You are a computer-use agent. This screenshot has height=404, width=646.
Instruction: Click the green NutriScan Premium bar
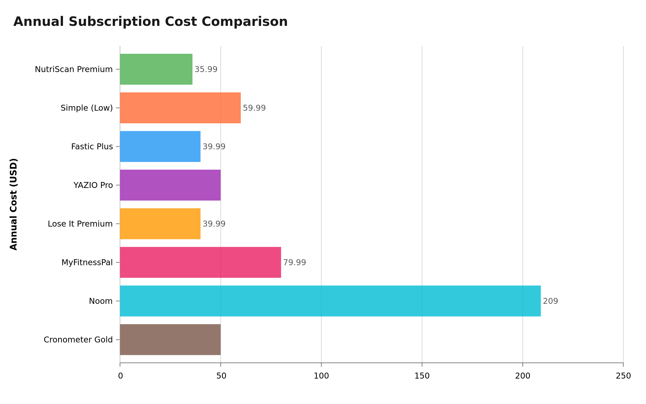pyautogui.click(x=156, y=69)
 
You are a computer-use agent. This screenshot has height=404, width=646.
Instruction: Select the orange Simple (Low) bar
pyautogui.click(x=180, y=108)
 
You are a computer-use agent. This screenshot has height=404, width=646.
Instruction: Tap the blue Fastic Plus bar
pyautogui.click(x=160, y=147)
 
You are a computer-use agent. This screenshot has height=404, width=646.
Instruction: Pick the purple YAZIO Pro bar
pyautogui.click(x=170, y=185)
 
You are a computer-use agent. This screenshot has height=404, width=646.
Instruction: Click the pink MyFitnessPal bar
pyautogui.click(x=201, y=262)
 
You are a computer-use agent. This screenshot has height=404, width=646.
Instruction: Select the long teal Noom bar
pyautogui.click(x=330, y=301)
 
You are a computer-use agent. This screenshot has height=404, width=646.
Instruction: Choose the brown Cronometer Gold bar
pyautogui.click(x=170, y=340)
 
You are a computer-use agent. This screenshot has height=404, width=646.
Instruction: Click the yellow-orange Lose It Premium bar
pyautogui.click(x=160, y=224)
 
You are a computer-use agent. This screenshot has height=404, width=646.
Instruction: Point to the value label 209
pyautogui.click(x=550, y=301)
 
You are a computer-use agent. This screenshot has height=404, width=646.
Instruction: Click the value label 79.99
pyautogui.click(x=294, y=262)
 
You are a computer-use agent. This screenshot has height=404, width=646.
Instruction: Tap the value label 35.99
pyautogui.click(x=206, y=69)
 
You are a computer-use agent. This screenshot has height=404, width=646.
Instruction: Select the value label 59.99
pyautogui.click(x=254, y=108)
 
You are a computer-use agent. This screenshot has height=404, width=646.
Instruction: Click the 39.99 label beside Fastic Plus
pyautogui.click(x=214, y=147)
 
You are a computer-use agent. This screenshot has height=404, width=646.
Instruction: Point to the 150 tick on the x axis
pyautogui.click(x=422, y=376)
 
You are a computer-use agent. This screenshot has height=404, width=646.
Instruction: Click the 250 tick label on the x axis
pyautogui.click(x=623, y=376)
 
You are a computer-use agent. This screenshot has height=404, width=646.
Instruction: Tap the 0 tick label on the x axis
pyautogui.click(x=120, y=376)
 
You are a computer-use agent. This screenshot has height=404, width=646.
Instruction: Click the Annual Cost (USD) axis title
pyautogui.click(x=14, y=204)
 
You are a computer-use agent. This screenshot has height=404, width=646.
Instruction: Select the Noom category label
pyautogui.click(x=101, y=301)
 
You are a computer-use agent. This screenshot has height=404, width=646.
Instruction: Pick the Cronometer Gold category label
pyautogui.click(x=78, y=340)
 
